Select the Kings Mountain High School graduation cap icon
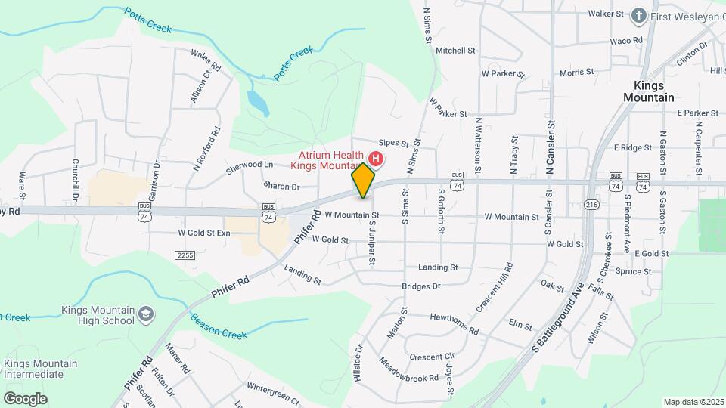pos(146,314)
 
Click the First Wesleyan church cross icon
pos(639,14)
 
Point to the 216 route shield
pos(592,205)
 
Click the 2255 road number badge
pos(184,255)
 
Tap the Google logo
pos(25,398)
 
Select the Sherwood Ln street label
pos(249,168)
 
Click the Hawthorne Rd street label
pos(455,324)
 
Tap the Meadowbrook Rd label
pos(409,369)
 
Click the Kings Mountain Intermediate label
pos(40,369)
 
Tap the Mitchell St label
pos(455,51)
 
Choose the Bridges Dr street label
pos(421,286)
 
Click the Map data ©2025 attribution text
pos(693,402)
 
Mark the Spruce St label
pos(633,271)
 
